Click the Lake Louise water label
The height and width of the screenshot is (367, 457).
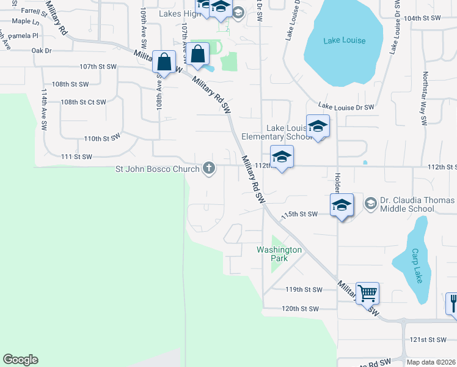343,40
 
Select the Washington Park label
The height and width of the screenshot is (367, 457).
279,254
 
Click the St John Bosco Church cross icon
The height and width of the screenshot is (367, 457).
209,168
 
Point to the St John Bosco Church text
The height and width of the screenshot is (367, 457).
158,169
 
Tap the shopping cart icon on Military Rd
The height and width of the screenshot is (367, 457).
367,293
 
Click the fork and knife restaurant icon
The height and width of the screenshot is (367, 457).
453,303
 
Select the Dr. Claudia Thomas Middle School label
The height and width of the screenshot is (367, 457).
417,204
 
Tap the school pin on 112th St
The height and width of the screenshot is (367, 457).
282,157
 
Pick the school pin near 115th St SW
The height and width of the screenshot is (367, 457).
342,206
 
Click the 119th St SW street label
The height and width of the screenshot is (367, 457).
304,289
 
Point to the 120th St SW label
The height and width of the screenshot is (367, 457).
300,309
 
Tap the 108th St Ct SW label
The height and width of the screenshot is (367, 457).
84,102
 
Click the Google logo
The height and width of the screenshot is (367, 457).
20,360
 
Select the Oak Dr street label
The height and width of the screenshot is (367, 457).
42,51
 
